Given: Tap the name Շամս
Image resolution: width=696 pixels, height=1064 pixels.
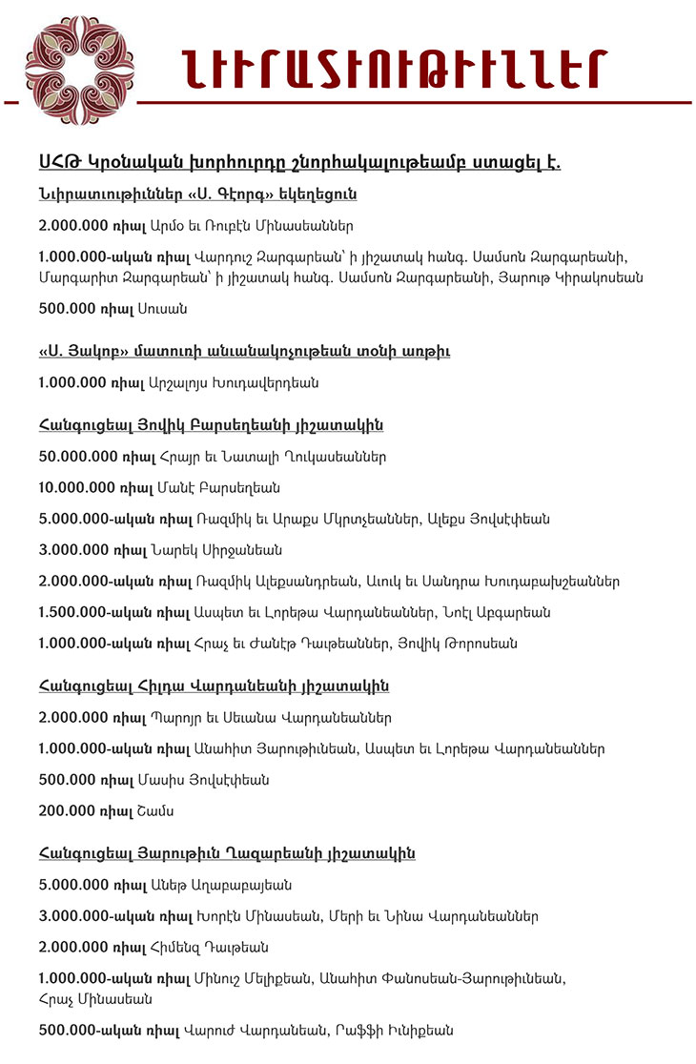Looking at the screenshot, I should point(163,811).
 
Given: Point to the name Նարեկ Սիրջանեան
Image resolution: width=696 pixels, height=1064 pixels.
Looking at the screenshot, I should point(215,550).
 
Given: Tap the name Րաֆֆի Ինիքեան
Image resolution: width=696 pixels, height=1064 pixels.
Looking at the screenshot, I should point(399,1031).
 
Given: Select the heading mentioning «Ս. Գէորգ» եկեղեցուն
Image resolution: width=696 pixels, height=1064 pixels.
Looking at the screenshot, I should point(197,195).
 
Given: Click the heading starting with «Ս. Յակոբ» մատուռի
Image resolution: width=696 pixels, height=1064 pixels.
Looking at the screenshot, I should point(244,352).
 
